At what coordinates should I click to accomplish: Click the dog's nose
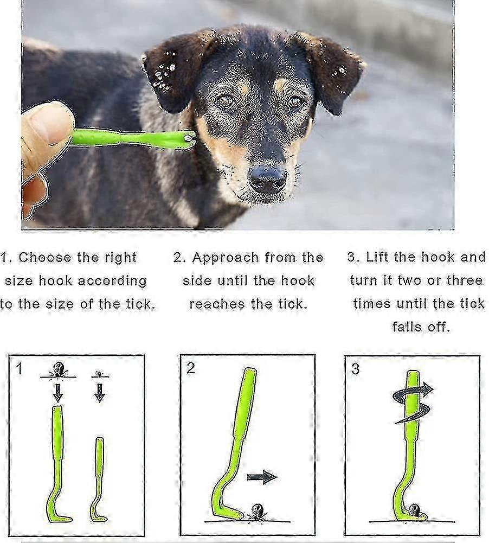point(268,178)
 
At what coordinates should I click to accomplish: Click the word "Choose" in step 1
point(44,257)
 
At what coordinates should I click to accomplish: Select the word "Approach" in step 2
point(226,258)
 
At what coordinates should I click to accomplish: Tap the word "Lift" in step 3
point(376,257)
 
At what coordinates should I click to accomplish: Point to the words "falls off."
point(421,327)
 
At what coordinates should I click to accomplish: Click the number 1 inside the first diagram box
point(19,368)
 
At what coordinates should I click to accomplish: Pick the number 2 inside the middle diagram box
point(191,368)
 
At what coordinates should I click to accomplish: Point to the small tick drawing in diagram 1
point(100,374)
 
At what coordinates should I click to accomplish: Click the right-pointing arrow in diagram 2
point(262,477)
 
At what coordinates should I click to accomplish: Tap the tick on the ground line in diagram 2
point(256,512)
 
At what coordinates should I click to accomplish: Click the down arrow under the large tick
point(58,392)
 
